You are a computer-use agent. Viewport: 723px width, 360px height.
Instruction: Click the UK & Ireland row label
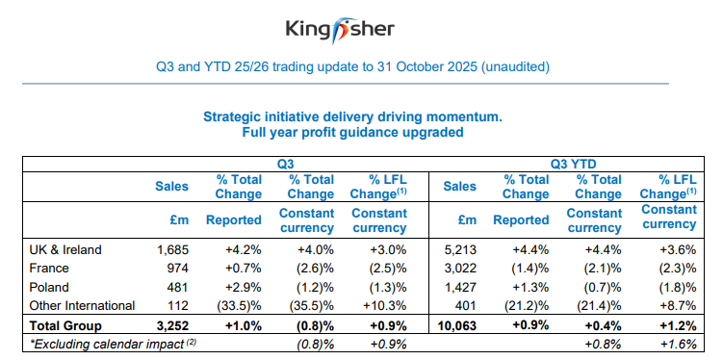point(66,249)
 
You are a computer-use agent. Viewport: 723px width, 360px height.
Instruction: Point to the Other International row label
point(82,305)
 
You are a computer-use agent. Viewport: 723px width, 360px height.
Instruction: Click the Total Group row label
point(64,324)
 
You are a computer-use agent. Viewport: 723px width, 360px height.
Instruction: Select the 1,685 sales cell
point(171,249)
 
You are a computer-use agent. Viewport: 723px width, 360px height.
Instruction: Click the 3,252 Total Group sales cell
point(171,324)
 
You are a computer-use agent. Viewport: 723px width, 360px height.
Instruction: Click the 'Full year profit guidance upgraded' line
point(352,132)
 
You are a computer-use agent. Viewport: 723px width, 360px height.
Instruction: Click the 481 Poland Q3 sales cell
point(174,287)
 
